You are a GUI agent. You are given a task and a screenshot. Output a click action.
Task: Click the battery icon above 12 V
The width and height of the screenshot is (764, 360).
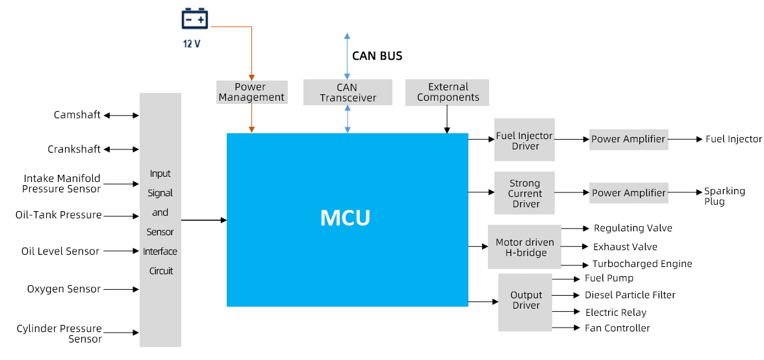tap(194, 19)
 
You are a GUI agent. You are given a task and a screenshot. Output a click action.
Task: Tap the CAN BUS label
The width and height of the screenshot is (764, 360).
tap(377, 56)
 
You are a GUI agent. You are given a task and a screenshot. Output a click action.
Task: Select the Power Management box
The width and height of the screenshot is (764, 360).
tap(251, 92)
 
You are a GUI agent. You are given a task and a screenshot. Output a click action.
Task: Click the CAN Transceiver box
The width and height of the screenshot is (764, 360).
tap(348, 92)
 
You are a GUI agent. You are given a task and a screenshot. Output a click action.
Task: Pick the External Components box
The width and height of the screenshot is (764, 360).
tap(448, 92)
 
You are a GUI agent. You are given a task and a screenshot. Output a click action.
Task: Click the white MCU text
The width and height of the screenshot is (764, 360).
tap(345, 218)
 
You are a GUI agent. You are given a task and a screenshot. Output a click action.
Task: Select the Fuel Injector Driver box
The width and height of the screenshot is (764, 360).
tap(524, 140)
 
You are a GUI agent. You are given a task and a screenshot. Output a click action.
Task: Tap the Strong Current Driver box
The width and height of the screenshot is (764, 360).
tap(524, 194)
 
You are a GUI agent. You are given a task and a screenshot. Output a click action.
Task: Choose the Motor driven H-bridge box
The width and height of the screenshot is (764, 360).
tap(524, 247)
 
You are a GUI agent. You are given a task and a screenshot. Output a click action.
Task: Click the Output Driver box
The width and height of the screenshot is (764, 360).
tap(525, 301)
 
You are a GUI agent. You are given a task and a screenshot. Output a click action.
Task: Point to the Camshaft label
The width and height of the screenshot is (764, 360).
tap(77, 115)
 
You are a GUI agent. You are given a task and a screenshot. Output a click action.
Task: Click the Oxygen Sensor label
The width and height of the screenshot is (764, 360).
tap(64, 289)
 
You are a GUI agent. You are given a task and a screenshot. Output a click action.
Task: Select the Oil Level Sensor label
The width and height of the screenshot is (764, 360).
tap(60, 251)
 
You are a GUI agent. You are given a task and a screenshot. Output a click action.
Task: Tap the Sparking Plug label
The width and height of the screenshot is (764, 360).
tap(724, 196)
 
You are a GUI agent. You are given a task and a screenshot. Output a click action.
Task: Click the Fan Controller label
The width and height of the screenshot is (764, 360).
tap(617, 328)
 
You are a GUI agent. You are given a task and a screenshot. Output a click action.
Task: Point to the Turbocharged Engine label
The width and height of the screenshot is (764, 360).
tap(642, 264)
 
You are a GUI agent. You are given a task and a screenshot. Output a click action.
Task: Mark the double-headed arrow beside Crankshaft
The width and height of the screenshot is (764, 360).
tap(121, 149)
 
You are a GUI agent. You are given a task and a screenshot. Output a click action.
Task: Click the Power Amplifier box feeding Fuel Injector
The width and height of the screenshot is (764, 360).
tap(628, 139)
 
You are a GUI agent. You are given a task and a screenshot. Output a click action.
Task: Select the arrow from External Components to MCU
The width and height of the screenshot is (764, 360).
tap(447, 120)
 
